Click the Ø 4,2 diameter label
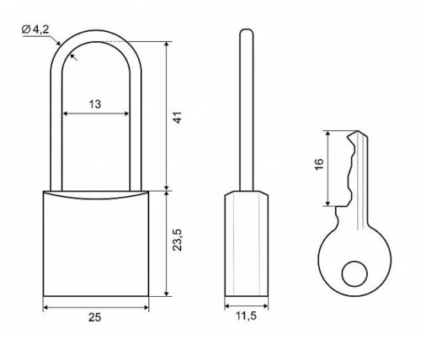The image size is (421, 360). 35,29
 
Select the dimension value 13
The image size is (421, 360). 95,104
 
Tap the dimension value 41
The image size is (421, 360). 178,117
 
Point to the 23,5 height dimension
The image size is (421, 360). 178,240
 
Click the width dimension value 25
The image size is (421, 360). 94,317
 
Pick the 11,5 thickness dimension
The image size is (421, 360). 246,316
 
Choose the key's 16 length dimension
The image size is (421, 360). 319,164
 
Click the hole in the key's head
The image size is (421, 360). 354,274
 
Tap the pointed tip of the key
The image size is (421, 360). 357,131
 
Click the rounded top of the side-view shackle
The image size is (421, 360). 247,30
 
